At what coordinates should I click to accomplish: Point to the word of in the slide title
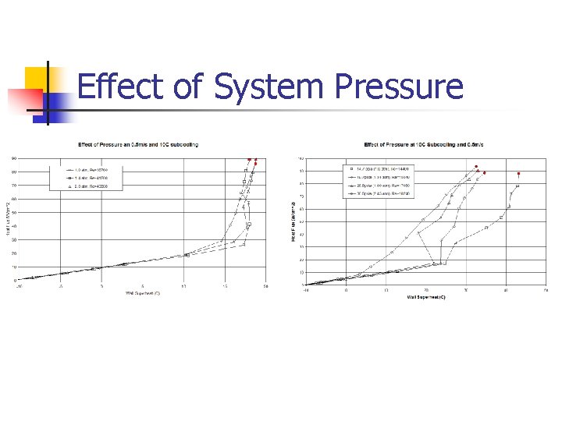[x=187, y=87]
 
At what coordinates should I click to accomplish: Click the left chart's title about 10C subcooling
[x=137, y=144]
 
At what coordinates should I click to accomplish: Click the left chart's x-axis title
[x=143, y=293]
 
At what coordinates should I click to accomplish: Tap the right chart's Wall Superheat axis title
[x=425, y=297]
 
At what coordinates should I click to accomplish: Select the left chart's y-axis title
[x=7, y=218]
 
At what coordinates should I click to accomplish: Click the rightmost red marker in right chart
[x=519, y=174]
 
